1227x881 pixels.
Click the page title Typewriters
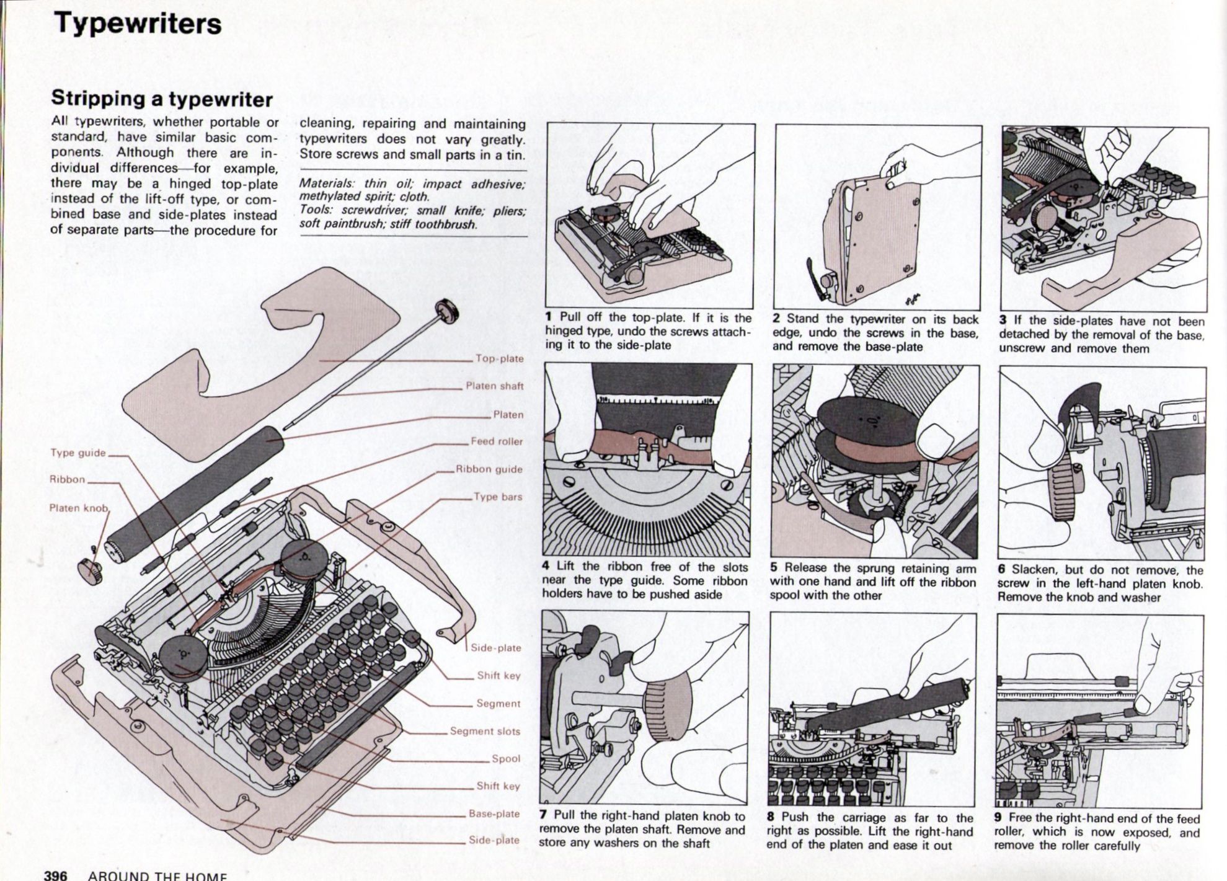tap(138, 24)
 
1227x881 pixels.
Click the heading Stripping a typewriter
tap(162, 99)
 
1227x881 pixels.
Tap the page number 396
tap(55, 875)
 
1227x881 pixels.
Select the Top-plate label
tap(500, 358)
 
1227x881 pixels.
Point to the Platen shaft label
tap(494, 386)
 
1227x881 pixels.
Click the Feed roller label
tap(497, 441)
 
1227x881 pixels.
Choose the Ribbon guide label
tap(489, 469)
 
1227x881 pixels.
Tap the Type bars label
tap(498, 497)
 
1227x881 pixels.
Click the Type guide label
tap(78, 453)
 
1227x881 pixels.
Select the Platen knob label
tap(78, 508)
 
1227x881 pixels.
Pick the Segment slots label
tap(485, 731)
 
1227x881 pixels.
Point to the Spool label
tap(506, 758)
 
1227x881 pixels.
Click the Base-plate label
tap(494, 813)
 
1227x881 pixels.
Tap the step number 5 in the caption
tap(774, 568)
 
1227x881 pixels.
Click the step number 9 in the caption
tap(998, 818)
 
